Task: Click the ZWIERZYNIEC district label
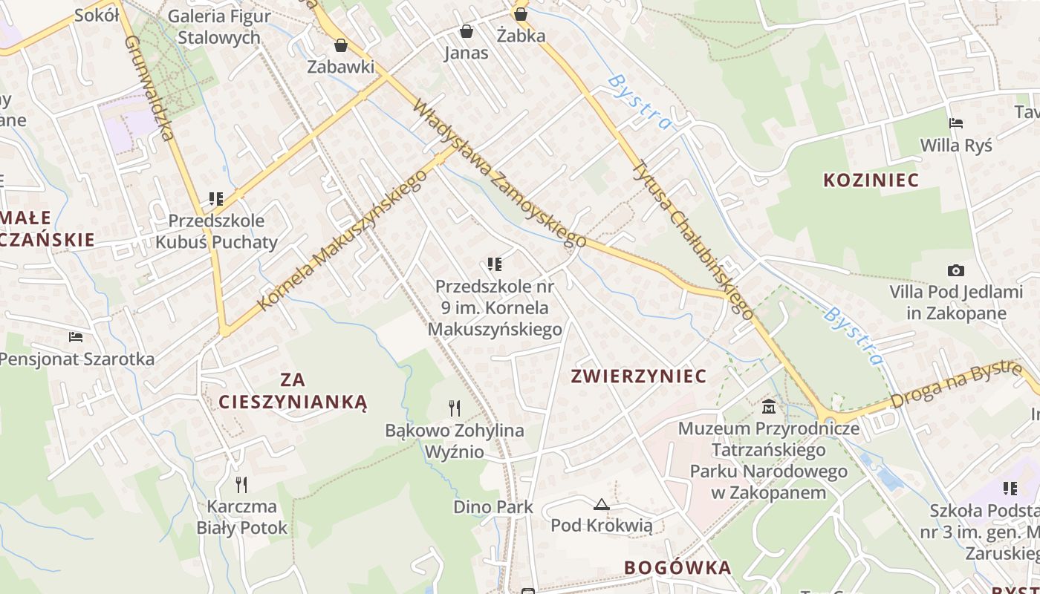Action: pos(638,376)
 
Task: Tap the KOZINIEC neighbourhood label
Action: pos(871,180)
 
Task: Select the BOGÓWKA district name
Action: pos(677,568)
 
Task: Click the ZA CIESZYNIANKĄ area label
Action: pos(293,391)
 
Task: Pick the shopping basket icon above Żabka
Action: pos(521,13)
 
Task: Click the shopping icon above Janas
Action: pos(466,31)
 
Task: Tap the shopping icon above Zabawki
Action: pos(340,46)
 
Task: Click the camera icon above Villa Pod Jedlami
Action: pos(955,271)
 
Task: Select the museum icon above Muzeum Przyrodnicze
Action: pos(768,407)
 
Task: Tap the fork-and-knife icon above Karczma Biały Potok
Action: pos(241,485)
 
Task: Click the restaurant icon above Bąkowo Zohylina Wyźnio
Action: pos(455,408)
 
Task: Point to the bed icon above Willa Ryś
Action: pos(955,123)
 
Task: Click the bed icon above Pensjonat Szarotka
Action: pos(76,337)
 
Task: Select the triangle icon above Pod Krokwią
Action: pos(600,505)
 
